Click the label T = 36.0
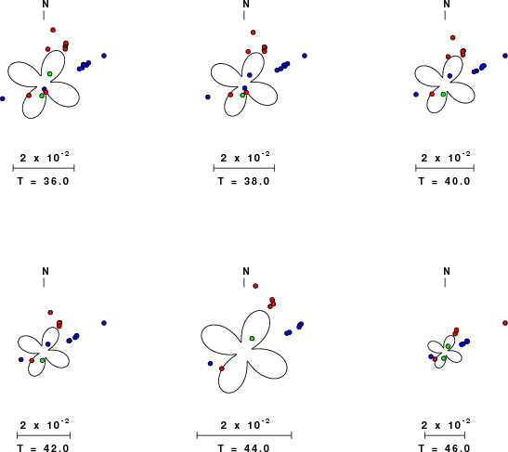pos(43,181)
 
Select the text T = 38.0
pos(243,181)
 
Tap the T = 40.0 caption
pos(444,181)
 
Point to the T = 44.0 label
pos(243,448)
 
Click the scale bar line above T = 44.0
pos(244,435)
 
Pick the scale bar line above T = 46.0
pos(445,435)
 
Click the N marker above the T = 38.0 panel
pos(246,5)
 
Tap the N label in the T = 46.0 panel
pos(447,271)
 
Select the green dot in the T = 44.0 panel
pos(252,339)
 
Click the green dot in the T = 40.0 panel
pos(443,95)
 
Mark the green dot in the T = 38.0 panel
pos(242,96)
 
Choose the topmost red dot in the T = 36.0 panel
pos(53,30)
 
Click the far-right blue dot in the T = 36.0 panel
pos(104,56)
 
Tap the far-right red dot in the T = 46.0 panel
pos(505,323)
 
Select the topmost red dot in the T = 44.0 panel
pos(255,286)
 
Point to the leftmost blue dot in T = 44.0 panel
pos(210,364)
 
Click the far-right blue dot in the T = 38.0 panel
pos(305,56)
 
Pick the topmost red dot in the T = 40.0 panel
pos(453,38)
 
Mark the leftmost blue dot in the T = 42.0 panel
pos(21,360)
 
